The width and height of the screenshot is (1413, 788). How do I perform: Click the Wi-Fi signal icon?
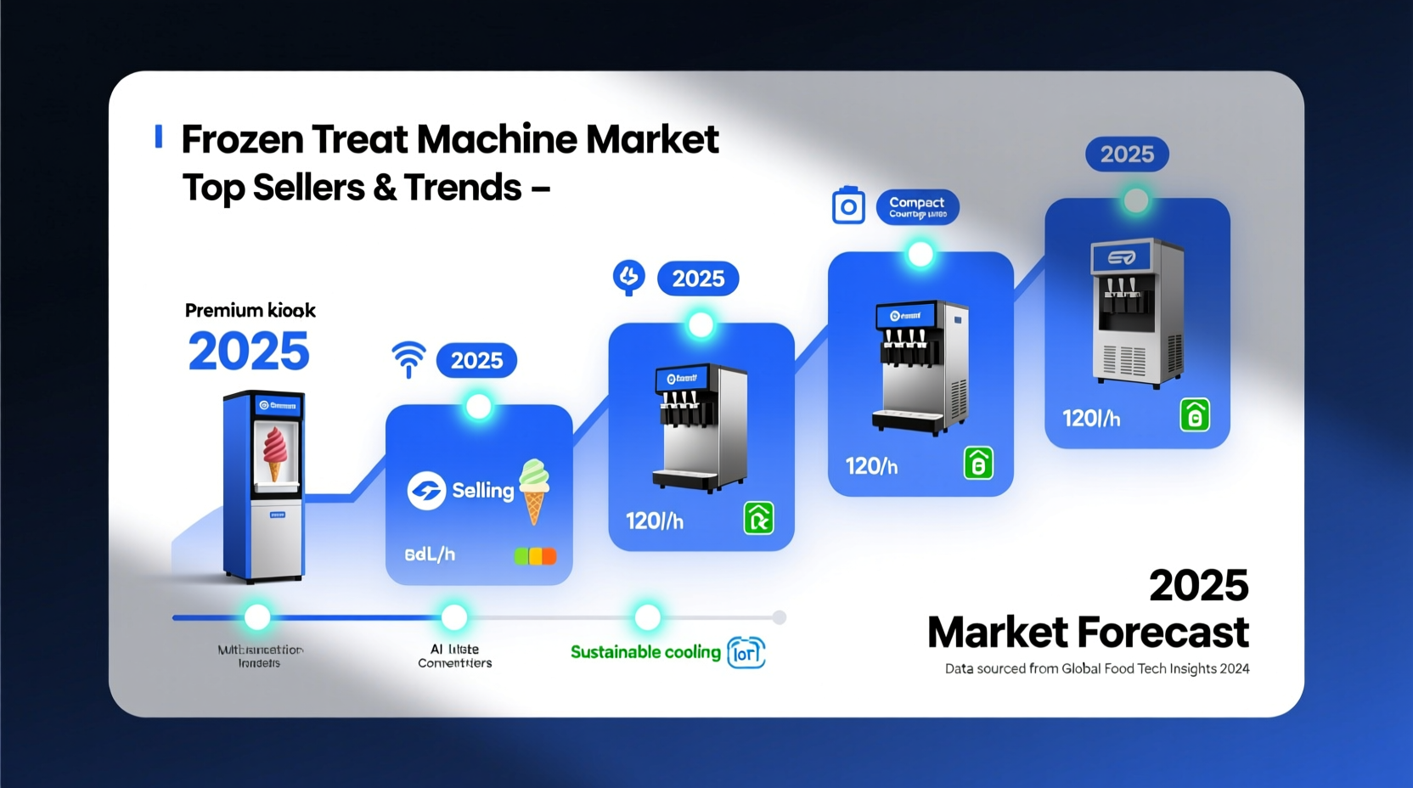(x=408, y=358)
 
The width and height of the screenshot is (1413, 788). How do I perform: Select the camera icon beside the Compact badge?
(x=848, y=206)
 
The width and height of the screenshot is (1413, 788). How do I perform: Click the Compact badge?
(x=917, y=207)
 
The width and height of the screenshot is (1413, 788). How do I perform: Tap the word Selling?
(x=482, y=491)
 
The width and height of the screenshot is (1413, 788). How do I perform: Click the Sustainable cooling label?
(x=645, y=652)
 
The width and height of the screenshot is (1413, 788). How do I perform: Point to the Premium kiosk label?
(x=250, y=311)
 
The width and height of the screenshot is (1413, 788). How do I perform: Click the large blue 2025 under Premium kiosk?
(x=249, y=352)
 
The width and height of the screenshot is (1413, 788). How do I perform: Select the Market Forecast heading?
(x=1088, y=633)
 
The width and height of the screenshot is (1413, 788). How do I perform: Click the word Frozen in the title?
(x=243, y=139)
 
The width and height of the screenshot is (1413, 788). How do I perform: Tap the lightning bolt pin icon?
(x=629, y=277)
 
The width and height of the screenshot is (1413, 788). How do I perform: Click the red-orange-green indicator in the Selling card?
(x=535, y=556)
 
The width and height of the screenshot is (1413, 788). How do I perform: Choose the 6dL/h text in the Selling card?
(x=430, y=554)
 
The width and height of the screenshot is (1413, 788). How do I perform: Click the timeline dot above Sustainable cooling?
(x=648, y=617)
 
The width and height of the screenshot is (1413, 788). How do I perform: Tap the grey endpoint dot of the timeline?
(x=780, y=617)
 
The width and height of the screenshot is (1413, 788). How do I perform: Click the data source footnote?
(x=1097, y=669)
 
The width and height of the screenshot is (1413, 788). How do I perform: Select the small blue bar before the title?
(x=159, y=137)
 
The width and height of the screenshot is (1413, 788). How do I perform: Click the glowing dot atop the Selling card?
(x=479, y=407)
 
